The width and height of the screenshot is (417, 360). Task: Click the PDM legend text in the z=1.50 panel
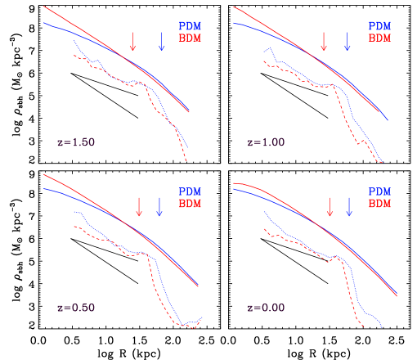pos(190,26)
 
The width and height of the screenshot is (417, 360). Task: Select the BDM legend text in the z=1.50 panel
pos(190,38)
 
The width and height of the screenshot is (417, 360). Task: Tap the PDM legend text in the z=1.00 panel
pos(380,26)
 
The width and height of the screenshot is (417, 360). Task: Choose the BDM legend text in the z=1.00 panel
pos(380,38)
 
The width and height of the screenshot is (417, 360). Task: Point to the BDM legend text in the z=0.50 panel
pos(190,204)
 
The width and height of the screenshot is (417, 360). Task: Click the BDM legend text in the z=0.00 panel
pos(380,204)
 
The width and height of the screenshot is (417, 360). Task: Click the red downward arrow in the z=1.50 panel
pos(132,42)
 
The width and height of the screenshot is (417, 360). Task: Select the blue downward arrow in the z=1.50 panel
pos(161,42)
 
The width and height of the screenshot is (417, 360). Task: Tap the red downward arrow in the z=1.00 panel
pos(324,42)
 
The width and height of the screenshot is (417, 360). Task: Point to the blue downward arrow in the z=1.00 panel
pos(347,42)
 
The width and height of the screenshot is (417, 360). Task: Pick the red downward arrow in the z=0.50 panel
pos(139,206)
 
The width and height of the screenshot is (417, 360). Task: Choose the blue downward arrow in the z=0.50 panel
pos(159,206)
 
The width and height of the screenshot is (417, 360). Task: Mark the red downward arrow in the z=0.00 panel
pos(330,206)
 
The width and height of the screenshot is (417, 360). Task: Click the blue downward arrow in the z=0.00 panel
pos(349,206)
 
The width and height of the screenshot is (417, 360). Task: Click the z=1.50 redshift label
pos(76,142)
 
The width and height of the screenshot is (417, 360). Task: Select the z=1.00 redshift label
pos(266,142)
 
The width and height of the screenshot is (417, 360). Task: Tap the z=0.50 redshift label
pos(76,308)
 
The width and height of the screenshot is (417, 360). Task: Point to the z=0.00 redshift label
pos(266,308)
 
